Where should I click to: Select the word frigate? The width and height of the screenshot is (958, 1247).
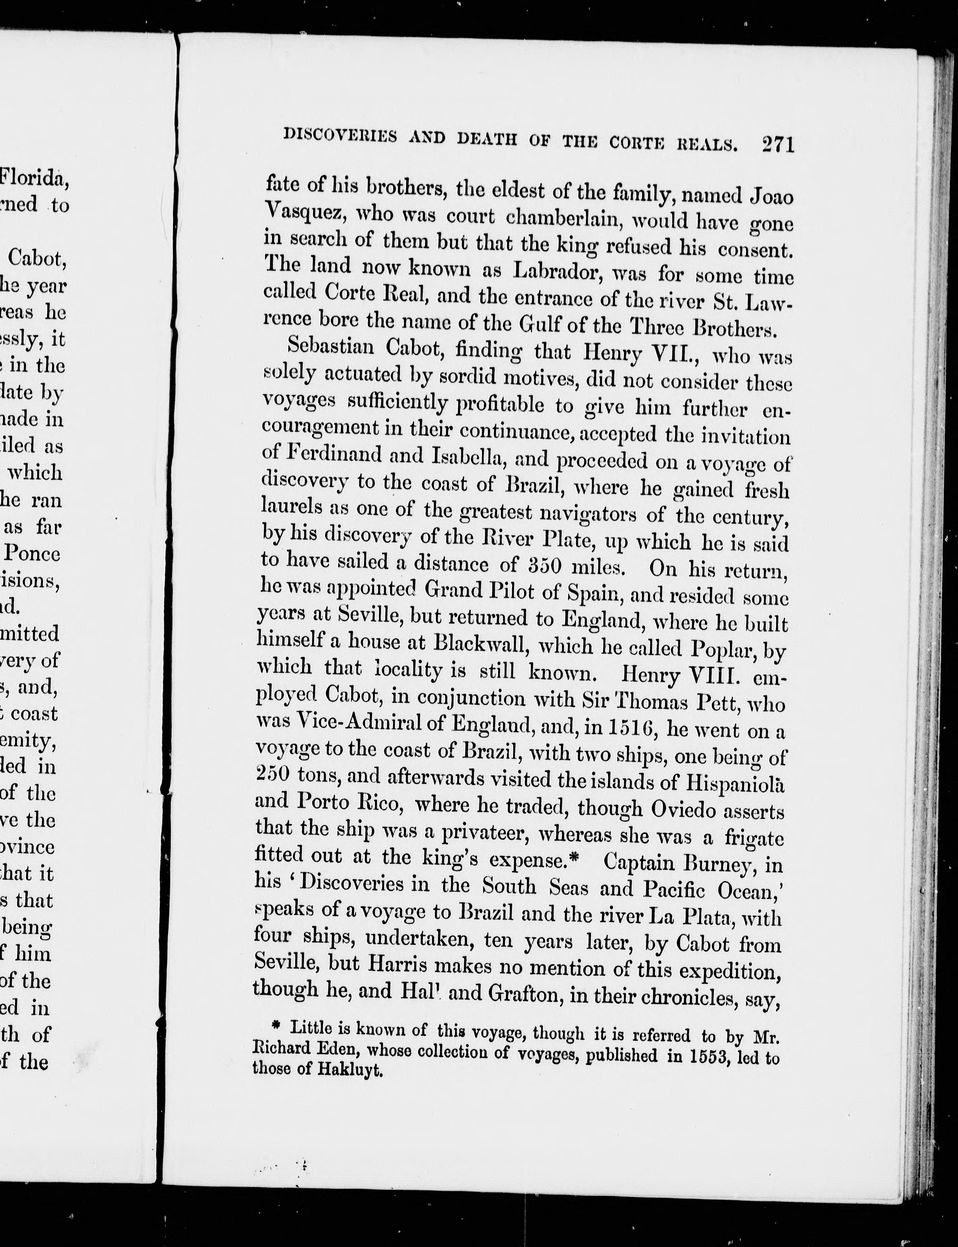754,837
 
